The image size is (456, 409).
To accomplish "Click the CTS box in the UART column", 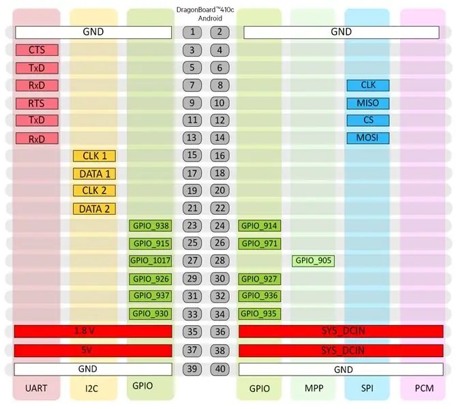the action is coord(37,50).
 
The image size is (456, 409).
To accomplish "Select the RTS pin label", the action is coord(37,104).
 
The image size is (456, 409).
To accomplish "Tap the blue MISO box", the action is coord(368,103).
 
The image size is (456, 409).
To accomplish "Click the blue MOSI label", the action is coord(368,138).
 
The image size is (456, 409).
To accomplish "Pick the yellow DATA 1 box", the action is coord(94,174).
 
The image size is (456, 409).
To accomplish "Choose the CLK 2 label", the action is coord(94,191).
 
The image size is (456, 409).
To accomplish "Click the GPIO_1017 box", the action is coord(151,260).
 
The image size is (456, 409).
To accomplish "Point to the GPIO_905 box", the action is coord(314,260).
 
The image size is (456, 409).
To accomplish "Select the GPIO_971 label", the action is coord(260,243).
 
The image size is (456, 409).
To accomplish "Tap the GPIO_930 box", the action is coord(151,314).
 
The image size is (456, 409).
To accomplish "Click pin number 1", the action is coord(192,32).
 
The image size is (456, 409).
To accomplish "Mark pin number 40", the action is coord(220,369).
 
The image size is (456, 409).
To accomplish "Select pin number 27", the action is coord(192,260).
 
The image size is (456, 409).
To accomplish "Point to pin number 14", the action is coord(220,138).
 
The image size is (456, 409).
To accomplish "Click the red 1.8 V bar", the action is coord(93,331).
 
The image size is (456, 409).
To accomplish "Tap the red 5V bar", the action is coord(93,350).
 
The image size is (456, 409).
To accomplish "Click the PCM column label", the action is coord(424,389).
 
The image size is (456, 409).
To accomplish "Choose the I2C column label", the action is coord(91,389).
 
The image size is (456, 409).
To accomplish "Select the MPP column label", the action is coord(314,389).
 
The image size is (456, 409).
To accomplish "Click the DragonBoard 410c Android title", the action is coord(205,14).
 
